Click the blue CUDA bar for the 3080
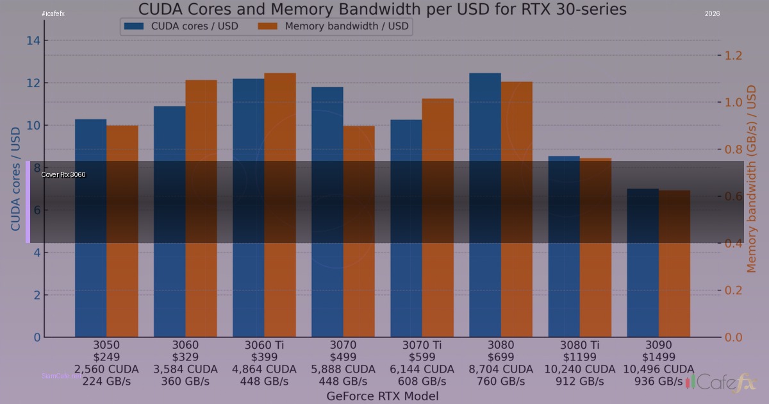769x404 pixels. pos(485,205)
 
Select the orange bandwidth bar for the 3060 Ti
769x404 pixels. pos(280,205)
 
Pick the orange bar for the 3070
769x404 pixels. pos(359,231)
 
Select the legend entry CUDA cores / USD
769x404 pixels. pos(182,26)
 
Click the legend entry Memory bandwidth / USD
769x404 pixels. pos(333,26)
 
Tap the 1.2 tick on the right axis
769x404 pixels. pos(733,55)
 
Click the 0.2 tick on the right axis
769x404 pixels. pos(733,290)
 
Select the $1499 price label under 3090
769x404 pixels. pos(658,357)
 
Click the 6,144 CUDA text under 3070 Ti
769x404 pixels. pos(422,369)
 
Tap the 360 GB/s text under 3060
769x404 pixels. pos(185,381)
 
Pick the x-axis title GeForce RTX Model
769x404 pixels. pos(383,396)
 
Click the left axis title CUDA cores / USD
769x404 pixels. pos(15,178)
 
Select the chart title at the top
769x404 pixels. pos(383,9)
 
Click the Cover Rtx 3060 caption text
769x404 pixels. pos(63,174)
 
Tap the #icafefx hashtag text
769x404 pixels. pos(53,13)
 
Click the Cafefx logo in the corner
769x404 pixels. pos(723,383)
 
